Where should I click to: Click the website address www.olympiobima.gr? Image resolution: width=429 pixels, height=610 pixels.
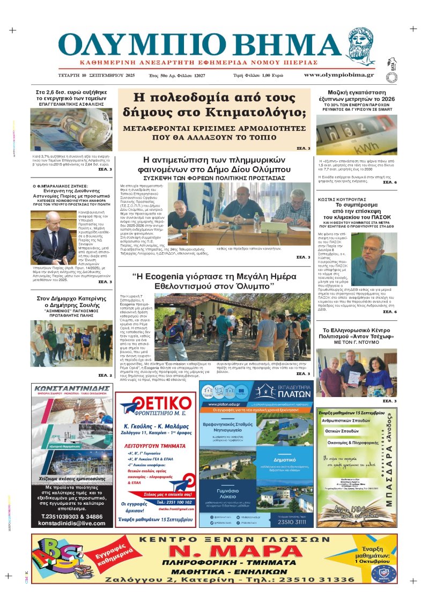[339, 75]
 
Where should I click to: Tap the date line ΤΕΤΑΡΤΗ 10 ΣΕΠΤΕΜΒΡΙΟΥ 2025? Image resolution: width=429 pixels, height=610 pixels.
[97, 75]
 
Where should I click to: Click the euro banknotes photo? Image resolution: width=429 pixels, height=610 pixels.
[71, 129]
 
